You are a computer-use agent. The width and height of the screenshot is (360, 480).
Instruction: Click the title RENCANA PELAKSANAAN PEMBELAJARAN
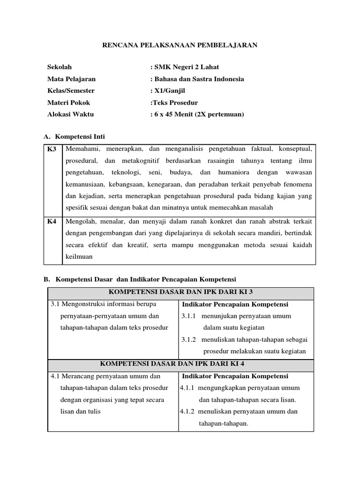click(x=180, y=45)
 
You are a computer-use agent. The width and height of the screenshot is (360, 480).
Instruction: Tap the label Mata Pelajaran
click(x=71, y=79)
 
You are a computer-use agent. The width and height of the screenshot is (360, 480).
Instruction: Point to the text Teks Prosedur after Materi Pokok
click(x=175, y=102)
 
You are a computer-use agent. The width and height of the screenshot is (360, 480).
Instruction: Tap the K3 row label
click(x=52, y=149)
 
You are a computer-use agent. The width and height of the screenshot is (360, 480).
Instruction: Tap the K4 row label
click(x=52, y=221)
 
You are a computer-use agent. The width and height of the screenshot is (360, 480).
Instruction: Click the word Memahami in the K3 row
click(x=82, y=149)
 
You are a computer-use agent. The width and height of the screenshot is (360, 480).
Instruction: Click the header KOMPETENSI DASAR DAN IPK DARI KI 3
click(x=180, y=292)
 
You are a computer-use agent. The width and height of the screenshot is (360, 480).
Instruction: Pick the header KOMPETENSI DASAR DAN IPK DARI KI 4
click(x=180, y=363)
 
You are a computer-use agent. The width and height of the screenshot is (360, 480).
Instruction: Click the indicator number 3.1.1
click(x=189, y=316)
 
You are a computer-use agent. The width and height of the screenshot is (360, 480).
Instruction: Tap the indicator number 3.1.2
click(x=189, y=339)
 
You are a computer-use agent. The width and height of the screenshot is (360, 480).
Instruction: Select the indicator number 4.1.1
click(x=187, y=388)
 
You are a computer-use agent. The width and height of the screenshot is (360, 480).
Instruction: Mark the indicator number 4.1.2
click(x=187, y=412)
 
